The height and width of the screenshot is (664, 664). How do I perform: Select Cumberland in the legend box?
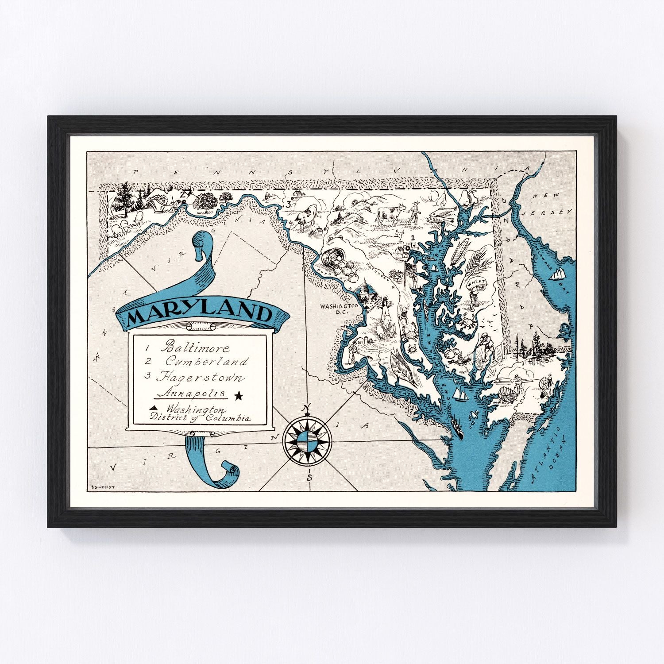tap(207, 362)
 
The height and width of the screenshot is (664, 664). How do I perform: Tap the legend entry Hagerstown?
tap(200, 378)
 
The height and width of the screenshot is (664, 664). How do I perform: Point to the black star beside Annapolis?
tap(239, 396)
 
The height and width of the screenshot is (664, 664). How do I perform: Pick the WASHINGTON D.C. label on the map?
tap(339, 309)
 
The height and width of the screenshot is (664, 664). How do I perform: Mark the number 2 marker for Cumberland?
tap(182, 194)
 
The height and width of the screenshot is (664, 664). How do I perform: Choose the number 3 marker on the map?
tap(288, 204)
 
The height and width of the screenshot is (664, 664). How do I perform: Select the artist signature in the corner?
tap(102, 487)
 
